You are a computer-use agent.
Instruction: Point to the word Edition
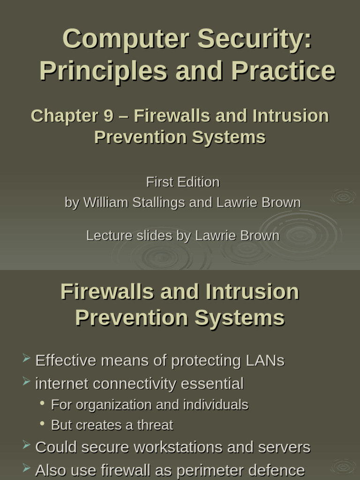tap(198, 182)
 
